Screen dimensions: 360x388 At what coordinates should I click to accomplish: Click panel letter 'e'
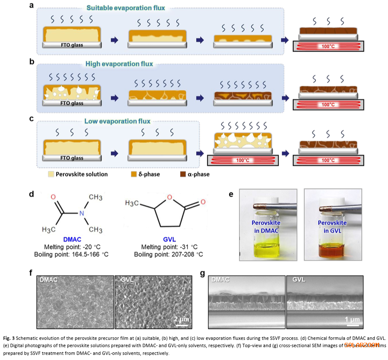tap(231, 194)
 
